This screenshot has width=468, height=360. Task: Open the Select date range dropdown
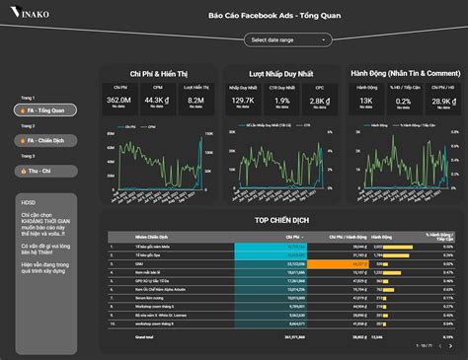pyautogui.click(x=286, y=39)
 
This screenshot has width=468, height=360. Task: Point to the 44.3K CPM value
pyautogui.click(x=154, y=100)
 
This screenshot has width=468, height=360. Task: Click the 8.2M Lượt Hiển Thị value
pyautogui.click(x=195, y=100)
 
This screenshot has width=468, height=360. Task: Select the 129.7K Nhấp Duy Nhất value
pyautogui.click(x=242, y=100)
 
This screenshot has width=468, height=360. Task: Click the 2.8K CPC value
pyautogui.click(x=318, y=100)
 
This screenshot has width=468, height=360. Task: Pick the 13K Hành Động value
pyautogui.click(x=365, y=100)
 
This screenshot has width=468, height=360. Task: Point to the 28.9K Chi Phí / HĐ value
pyautogui.click(x=442, y=100)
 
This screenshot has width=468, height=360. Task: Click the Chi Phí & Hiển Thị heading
pyautogui.click(x=157, y=73)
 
